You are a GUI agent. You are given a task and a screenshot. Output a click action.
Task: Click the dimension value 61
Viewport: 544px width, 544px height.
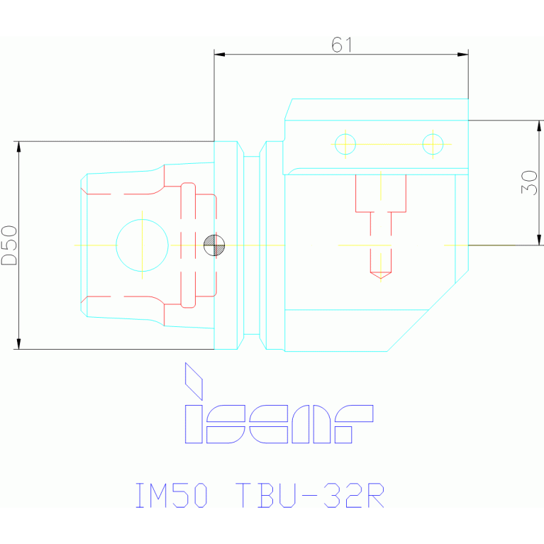coord(342,45)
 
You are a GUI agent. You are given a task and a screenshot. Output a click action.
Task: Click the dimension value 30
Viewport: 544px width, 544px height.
coord(529,182)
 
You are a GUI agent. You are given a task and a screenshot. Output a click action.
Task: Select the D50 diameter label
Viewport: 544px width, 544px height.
coord(9,245)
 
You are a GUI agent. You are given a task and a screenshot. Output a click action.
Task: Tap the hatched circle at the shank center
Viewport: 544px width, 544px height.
coord(214,245)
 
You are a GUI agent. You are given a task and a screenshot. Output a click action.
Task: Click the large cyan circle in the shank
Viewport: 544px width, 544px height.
coord(143,244)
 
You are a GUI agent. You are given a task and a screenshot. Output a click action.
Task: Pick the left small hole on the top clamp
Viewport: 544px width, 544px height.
coord(345,144)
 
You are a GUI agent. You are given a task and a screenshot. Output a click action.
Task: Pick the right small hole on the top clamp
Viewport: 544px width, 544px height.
coord(433,144)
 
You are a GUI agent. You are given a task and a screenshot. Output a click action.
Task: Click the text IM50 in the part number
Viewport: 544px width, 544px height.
coord(172,495)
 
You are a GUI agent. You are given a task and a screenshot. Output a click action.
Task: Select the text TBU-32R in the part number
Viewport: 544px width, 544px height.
coord(310,495)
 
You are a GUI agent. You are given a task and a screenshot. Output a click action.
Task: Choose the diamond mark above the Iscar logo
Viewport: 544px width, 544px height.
coord(194,381)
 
